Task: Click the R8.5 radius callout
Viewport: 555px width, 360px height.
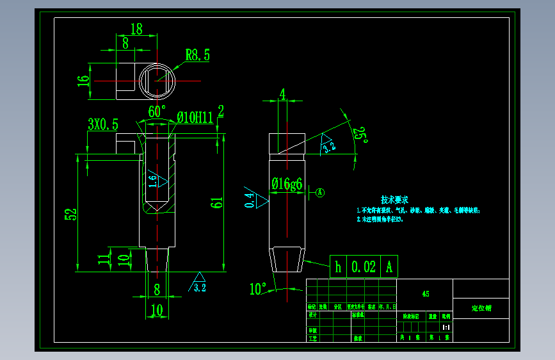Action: (198, 55)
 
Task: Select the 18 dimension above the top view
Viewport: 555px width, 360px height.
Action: (136, 29)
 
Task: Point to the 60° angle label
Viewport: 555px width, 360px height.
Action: (157, 111)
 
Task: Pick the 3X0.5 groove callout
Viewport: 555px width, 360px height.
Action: (103, 124)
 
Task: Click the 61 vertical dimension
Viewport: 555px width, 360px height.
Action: (216, 204)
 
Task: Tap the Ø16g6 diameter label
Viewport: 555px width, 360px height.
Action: (287, 184)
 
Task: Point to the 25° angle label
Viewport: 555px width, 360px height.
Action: (363, 135)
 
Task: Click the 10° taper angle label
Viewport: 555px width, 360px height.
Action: (258, 290)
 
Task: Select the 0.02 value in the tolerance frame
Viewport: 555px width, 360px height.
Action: (364, 266)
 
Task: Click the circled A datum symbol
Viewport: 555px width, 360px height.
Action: (321, 191)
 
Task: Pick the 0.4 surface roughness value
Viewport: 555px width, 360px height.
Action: (250, 200)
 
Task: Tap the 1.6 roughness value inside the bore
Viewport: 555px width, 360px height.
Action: (152, 181)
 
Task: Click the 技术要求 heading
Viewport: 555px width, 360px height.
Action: (394, 199)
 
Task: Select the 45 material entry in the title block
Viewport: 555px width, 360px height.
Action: (426, 295)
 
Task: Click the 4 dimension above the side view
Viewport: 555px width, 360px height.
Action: (282, 95)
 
